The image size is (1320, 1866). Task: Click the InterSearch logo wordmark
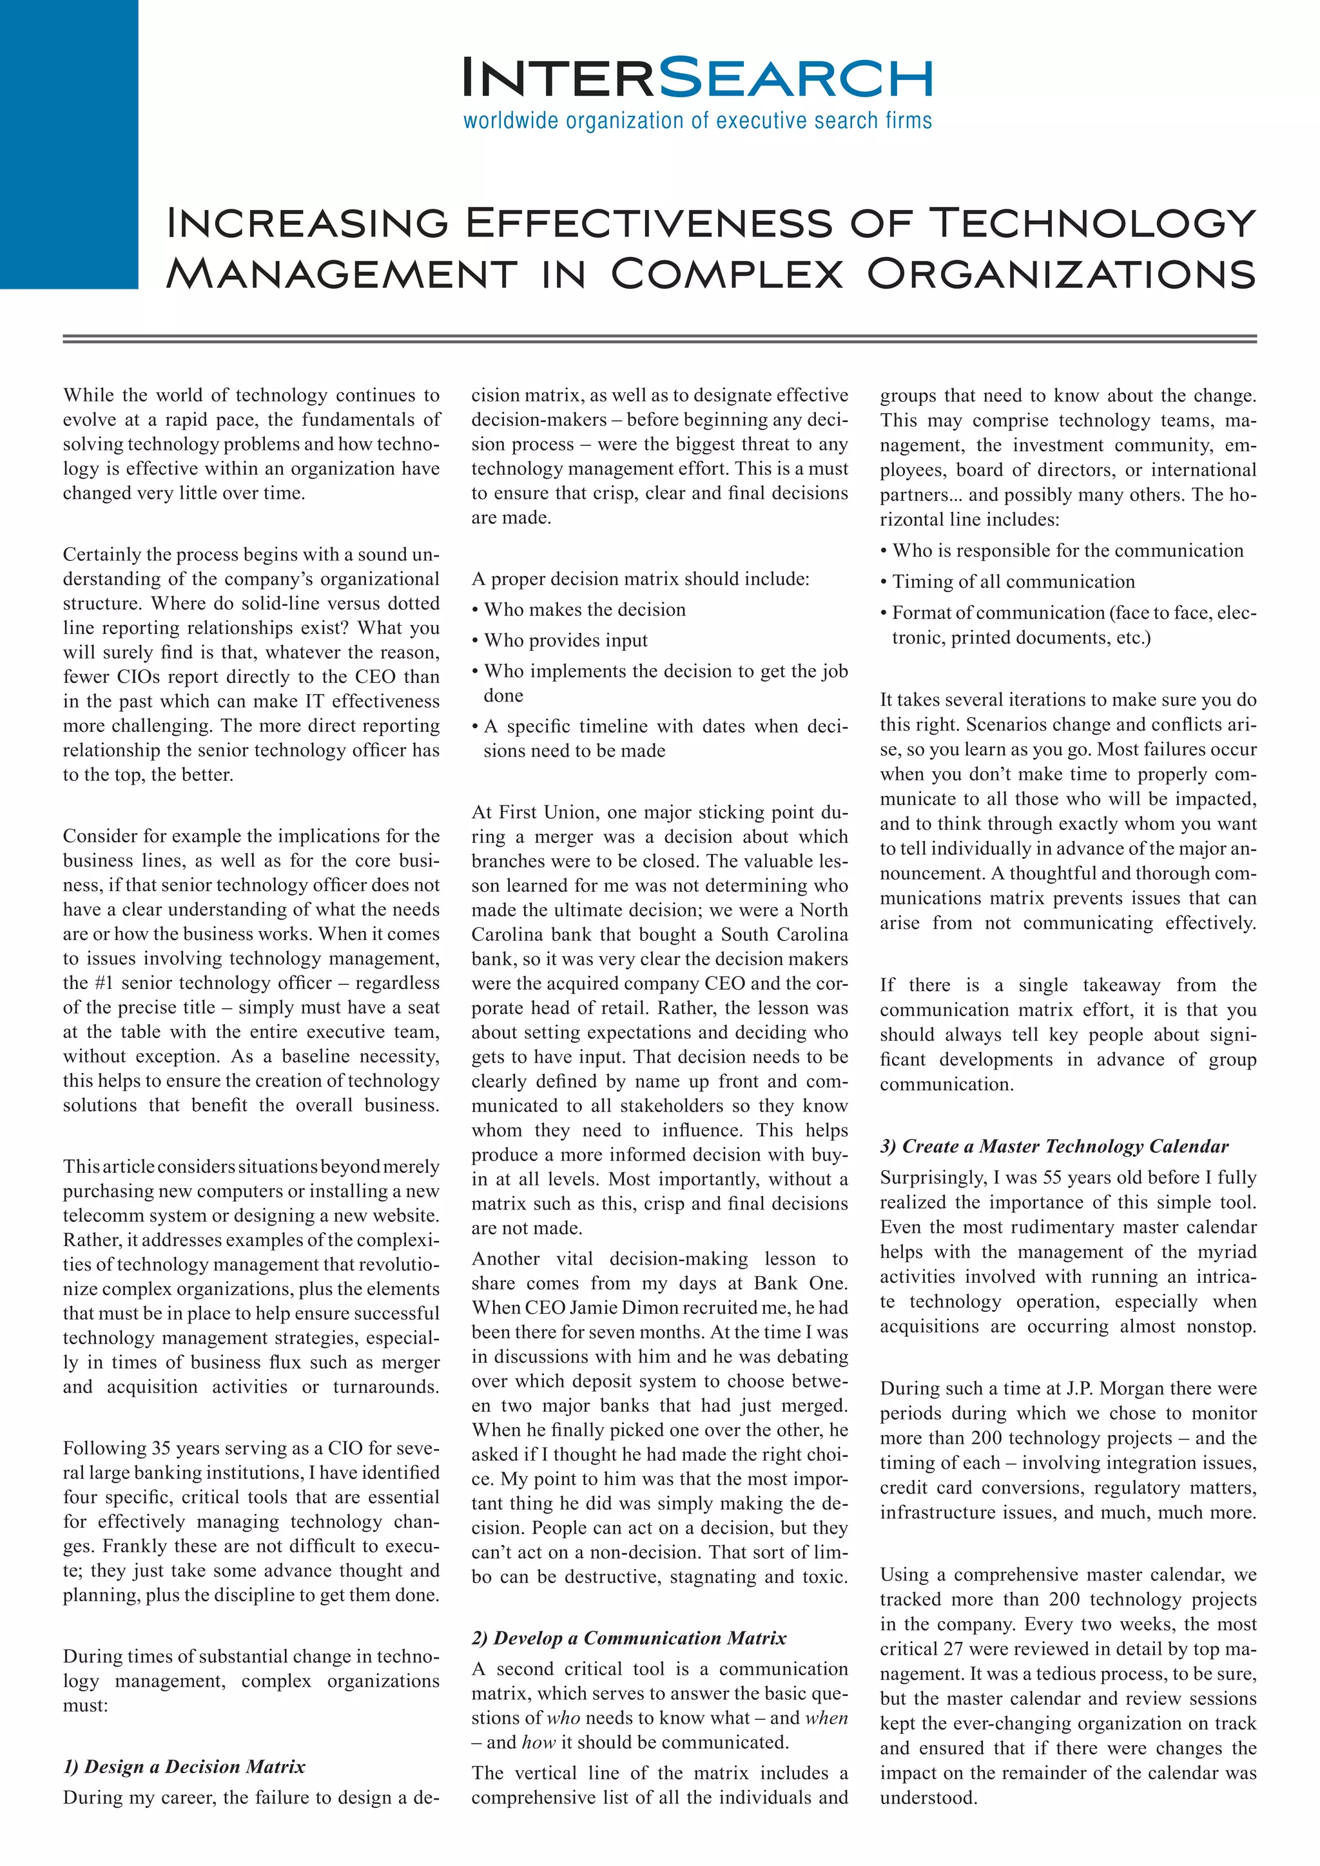(697, 78)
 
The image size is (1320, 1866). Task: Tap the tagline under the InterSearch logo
(697, 121)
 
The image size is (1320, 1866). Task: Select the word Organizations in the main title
(1061, 274)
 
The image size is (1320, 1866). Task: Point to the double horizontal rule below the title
(659, 339)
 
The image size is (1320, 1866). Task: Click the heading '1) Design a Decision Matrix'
(184, 1767)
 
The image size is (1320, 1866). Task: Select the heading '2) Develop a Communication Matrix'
(628, 1638)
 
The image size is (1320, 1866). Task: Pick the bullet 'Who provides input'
(566, 640)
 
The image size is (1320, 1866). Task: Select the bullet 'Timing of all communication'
(1013, 582)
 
